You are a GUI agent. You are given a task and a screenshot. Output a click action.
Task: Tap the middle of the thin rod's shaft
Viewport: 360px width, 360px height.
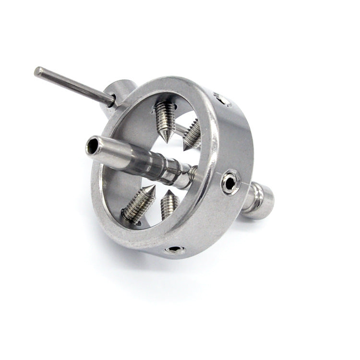coord(74,86)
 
